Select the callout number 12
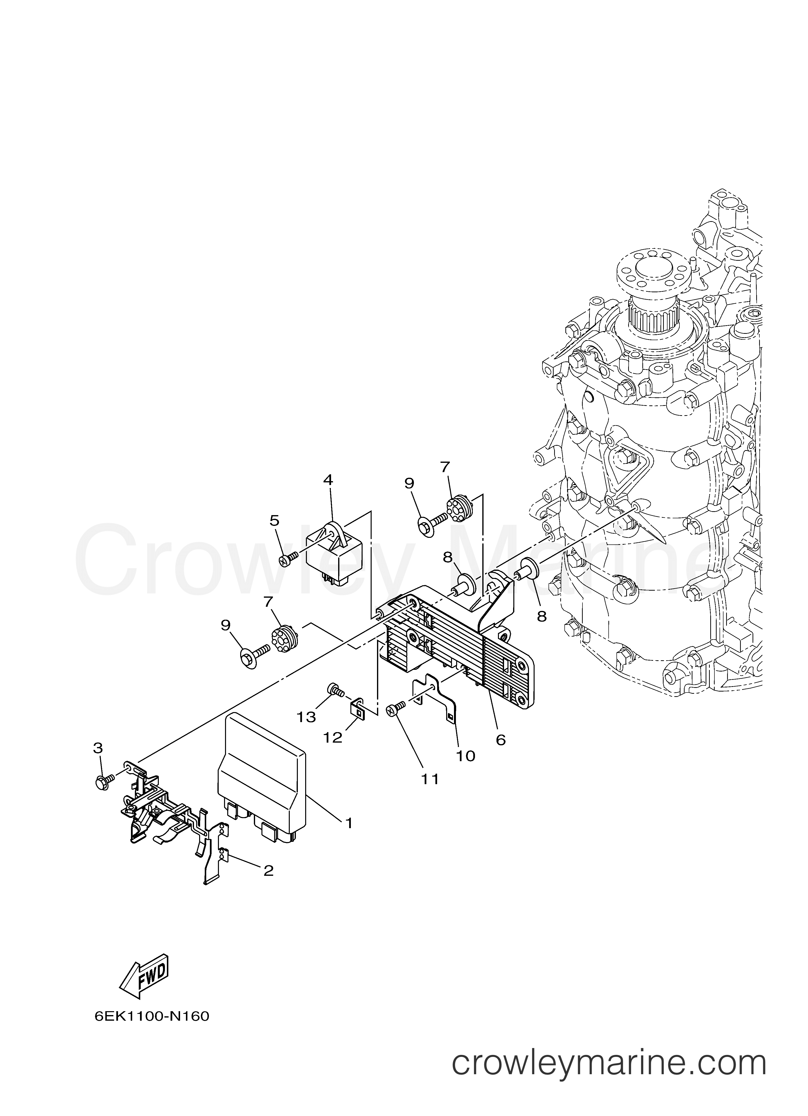click(333, 737)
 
